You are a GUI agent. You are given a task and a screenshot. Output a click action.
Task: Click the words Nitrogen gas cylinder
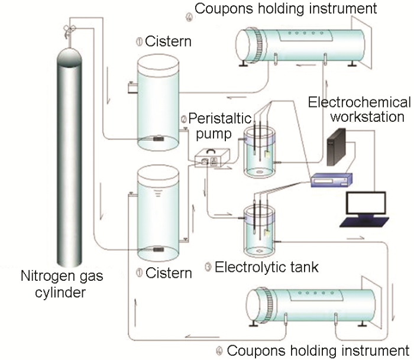coord(66,283)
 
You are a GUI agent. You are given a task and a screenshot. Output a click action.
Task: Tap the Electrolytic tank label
coord(267,267)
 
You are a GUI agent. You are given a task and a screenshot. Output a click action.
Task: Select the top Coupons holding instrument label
coord(286,8)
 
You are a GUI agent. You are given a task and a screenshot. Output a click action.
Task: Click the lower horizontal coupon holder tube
coord(308,301)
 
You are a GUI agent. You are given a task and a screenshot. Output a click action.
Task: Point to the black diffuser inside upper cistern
coord(158,140)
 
